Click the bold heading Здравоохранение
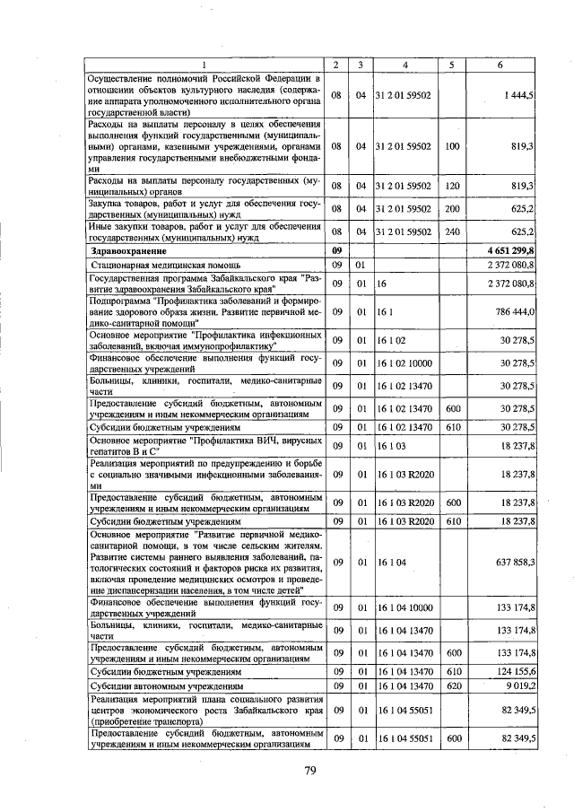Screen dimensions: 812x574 [x=132, y=251]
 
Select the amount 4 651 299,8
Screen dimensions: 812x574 [x=507, y=251]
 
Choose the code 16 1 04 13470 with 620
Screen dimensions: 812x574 [x=404, y=685]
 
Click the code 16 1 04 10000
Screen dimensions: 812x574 [x=404, y=607]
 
